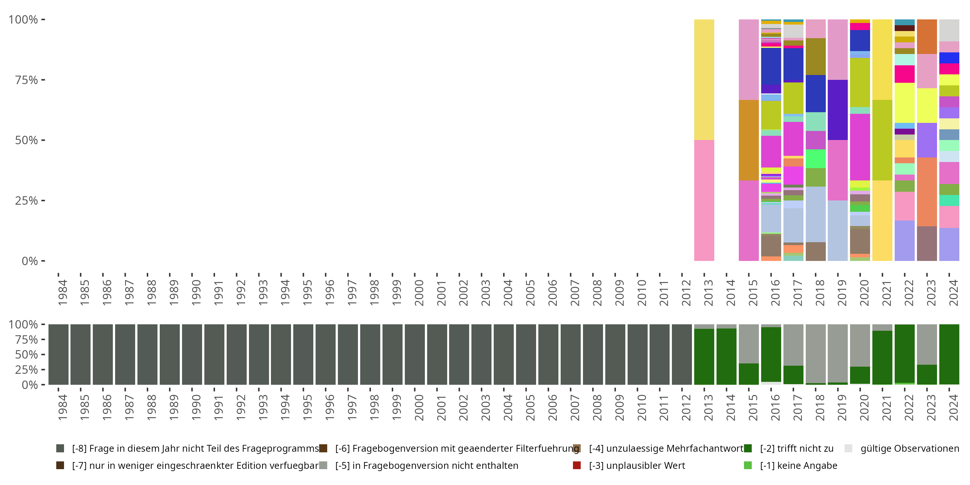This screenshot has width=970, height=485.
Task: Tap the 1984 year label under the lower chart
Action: pyautogui.click(x=62, y=407)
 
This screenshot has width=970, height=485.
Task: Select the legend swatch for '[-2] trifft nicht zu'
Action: pyautogui.click(x=748, y=448)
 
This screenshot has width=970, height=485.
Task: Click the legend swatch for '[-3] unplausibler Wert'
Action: pyautogui.click(x=577, y=465)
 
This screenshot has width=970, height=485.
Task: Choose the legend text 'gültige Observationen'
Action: pyautogui.click(x=909, y=448)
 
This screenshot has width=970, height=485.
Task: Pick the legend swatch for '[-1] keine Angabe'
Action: pyautogui.click(x=748, y=465)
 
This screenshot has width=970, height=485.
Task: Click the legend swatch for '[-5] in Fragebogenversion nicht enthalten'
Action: pyautogui.click(x=323, y=465)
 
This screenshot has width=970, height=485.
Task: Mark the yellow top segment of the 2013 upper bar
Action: pyautogui.click(x=704, y=80)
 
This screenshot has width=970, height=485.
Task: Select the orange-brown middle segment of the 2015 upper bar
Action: pyautogui.click(x=749, y=140)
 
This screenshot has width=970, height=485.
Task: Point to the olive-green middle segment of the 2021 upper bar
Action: pyautogui.click(x=882, y=140)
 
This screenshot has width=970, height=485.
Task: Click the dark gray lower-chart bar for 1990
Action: pyautogui.click(x=192, y=354)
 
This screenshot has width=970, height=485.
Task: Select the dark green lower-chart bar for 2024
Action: pyautogui.click(x=949, y=354)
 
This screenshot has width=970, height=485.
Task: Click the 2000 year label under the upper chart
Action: pyautogui.click(x=419, y=293)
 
